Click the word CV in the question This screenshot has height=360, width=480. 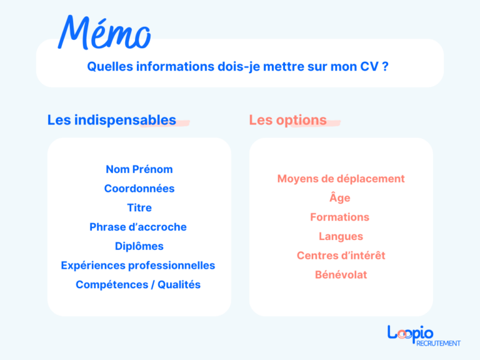pos(369,66)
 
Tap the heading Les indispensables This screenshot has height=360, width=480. pos(111,120)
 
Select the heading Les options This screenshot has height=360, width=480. pos(287,120)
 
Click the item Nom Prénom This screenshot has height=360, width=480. pos(139,169)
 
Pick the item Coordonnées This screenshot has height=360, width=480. pos(139,189)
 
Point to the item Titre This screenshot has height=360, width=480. pos(139,207)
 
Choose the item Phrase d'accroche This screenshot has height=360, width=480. pos(138,227)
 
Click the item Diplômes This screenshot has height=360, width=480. pos(139,246)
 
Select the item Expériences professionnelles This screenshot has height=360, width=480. pos(138,266)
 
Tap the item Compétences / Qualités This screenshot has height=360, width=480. pos(138,285)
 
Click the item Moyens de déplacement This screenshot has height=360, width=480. pos(341,179)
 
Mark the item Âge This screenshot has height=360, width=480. pos(341,197)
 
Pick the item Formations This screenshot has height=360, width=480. pos(340,217)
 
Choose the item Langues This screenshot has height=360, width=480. pos(341,237)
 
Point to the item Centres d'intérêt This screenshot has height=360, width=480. pos(341,256)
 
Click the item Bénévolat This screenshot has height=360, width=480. pos(341,275)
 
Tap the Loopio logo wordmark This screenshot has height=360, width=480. pos(410,333)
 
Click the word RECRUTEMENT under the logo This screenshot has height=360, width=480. pos(437,343)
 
